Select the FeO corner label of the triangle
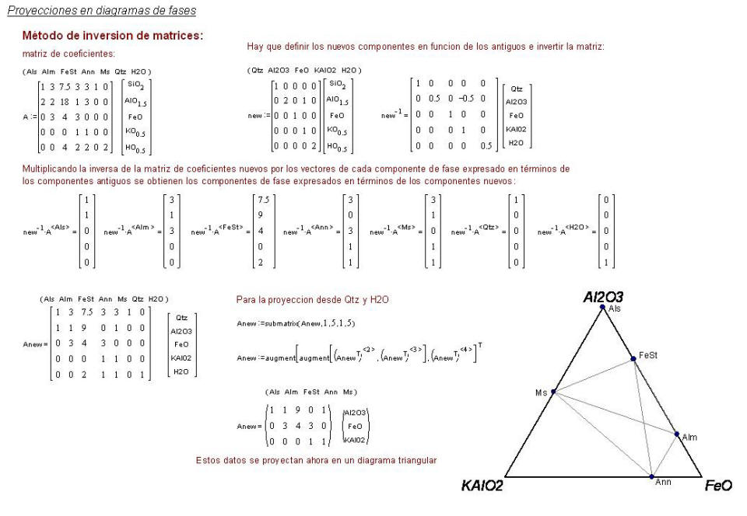tap(717, 486)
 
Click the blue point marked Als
tap(602, 308)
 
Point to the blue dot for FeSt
tap(633, 359)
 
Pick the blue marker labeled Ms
tap(553, 392)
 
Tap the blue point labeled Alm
tap(676, 434)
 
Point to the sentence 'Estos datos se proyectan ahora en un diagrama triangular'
tap(316, 460)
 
